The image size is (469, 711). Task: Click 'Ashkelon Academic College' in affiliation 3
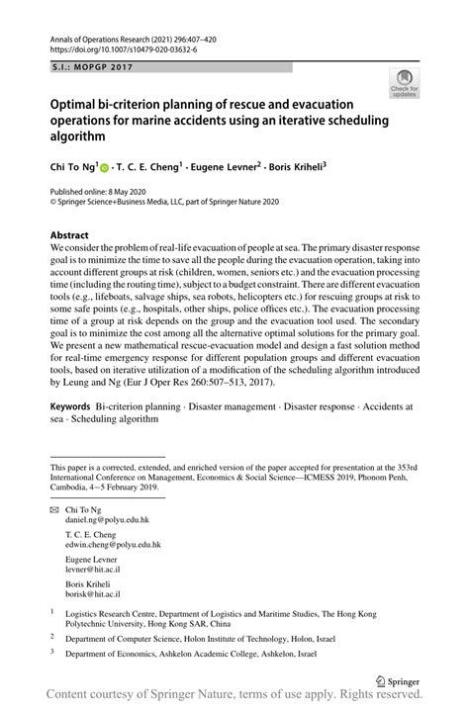(227, 655)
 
